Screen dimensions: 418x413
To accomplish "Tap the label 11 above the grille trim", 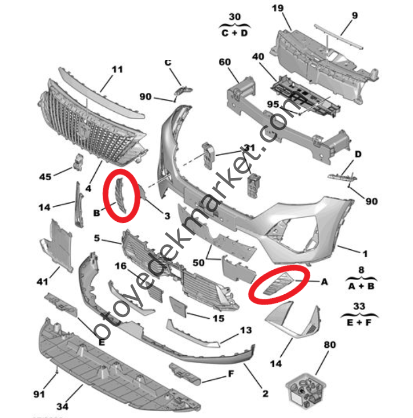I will coord(117,70).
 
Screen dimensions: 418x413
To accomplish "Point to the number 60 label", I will coord(225,62).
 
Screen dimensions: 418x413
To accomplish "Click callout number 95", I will coord(273,104).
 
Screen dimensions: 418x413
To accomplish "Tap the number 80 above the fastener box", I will coord(330,345).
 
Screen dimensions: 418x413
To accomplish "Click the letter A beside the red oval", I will coord(325,281).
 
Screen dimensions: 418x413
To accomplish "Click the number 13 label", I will coord(245,330).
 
